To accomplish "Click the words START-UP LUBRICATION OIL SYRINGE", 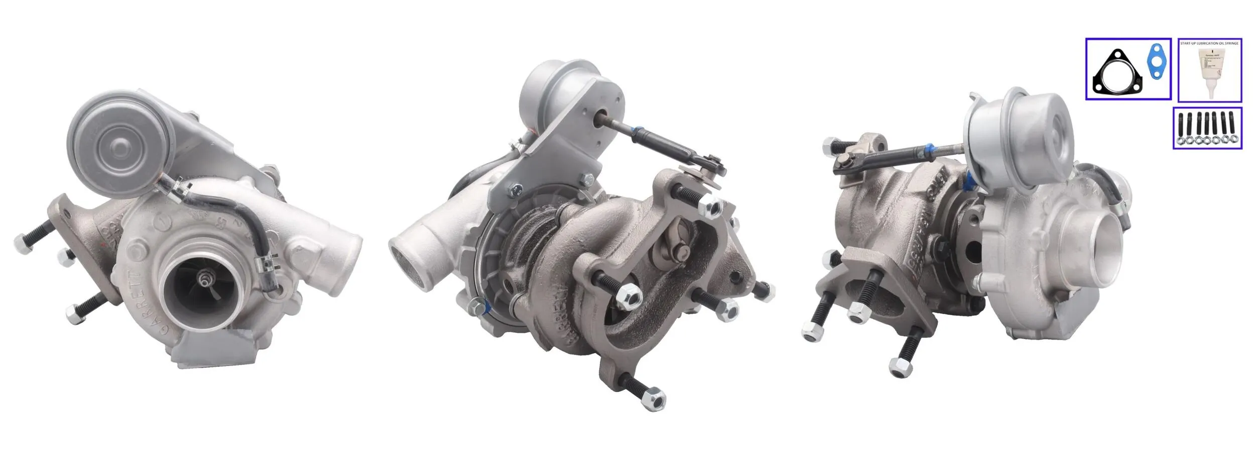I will pos(1210,44).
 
